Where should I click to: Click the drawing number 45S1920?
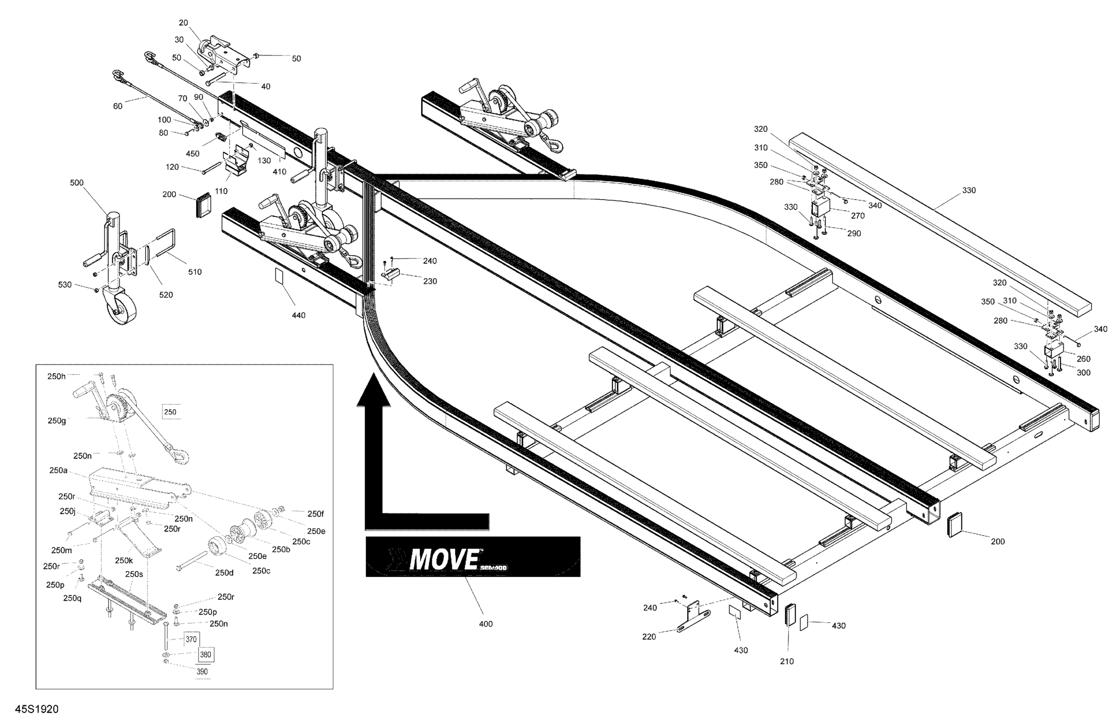point(37,709)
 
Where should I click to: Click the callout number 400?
point(486,624)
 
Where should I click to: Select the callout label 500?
point(77,183)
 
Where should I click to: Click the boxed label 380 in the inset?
point(205,654)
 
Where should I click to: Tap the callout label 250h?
point(56,376)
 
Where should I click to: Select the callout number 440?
point(298,315)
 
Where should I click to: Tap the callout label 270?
point(858,216)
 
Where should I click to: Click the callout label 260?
point(1083,359)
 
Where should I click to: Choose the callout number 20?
point(183,23)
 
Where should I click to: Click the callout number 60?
point(118,106)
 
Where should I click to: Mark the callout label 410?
point(280,171)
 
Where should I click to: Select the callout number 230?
point(430,281)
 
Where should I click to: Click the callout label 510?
point(195,272)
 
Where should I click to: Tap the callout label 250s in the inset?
point(134,574)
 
